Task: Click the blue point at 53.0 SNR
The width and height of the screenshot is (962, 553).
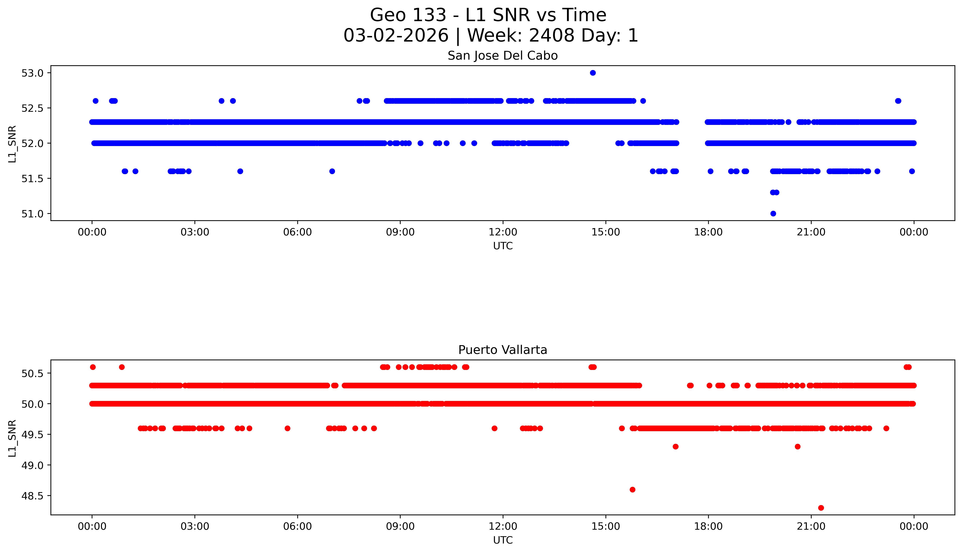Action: coord(593,73)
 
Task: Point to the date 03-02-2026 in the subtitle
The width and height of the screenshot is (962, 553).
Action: coord(396,36)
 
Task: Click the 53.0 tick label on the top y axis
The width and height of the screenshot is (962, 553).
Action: coord(32,73)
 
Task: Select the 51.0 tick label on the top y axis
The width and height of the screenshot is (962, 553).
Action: coord(32,214)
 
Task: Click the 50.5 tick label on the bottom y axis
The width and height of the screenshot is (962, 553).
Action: coord(32,373)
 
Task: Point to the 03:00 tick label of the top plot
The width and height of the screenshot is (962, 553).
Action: coord(195,232)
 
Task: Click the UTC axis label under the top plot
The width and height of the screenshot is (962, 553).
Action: coord(503,246)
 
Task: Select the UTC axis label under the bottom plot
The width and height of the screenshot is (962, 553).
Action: coord(503,540)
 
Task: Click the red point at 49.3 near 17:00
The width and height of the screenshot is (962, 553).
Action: coord(675,447)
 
